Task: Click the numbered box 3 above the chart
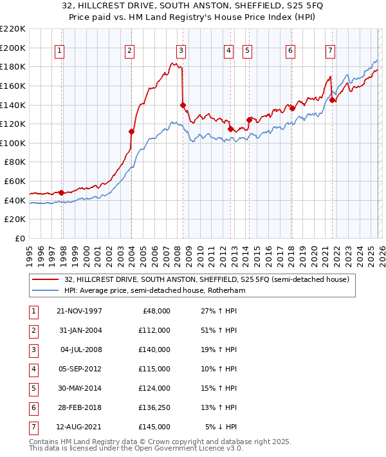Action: [x=181, y=50]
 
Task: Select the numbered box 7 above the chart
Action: [x=330, y=50]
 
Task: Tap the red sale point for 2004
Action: [x=131, y=131]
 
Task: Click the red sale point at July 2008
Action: [x=183, y=105]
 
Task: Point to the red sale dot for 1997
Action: [x=61, y=192]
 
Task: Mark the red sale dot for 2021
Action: [x=333, y=100]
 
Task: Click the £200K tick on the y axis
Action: [x=13, y=48]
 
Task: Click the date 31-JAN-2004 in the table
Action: [x=80, y=330]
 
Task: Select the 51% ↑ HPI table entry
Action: [x=219, y=330]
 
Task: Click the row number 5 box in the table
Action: [x=32, y=388]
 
